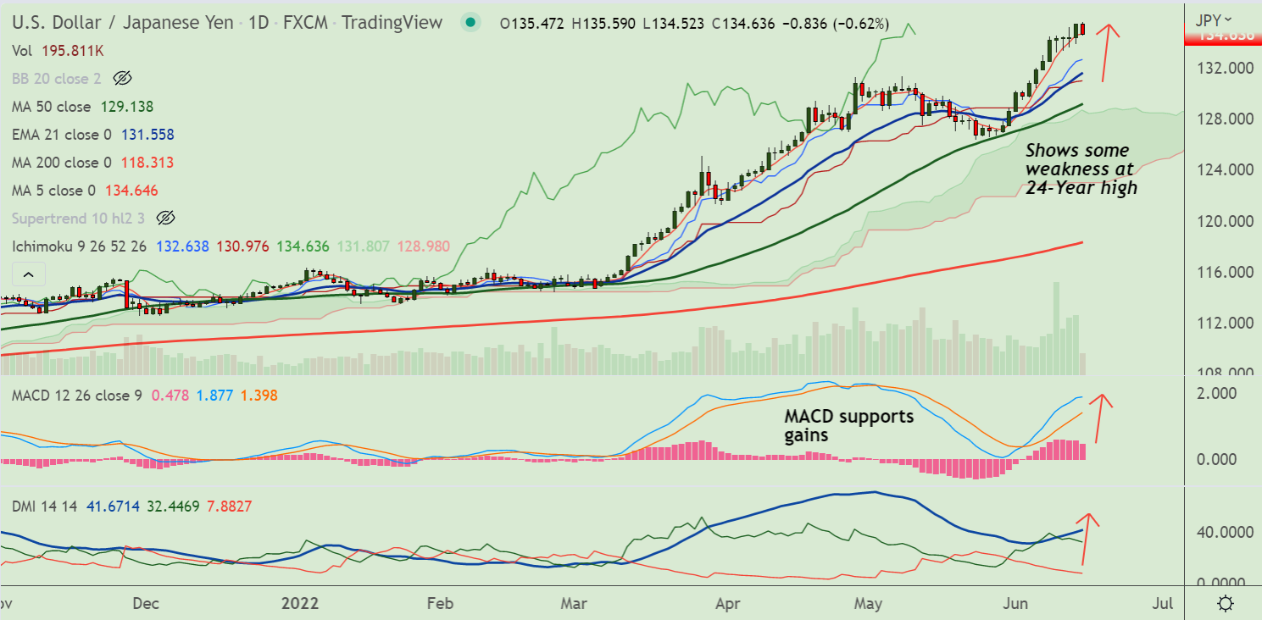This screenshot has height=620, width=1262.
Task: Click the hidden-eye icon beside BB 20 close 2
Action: pos(122,79)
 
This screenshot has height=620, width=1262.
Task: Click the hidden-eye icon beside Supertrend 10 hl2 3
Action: pos(165,219)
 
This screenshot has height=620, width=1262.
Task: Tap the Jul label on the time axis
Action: pos(1163,604)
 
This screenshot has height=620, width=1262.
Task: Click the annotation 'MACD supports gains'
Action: pos(848,425)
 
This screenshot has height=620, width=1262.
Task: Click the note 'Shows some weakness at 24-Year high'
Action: pos(1081,169)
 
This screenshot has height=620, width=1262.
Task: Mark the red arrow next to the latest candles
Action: pos(1107,52)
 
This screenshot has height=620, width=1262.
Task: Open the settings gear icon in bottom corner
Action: pos(1224,604)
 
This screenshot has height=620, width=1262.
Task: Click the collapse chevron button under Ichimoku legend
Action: pos(28,274)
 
